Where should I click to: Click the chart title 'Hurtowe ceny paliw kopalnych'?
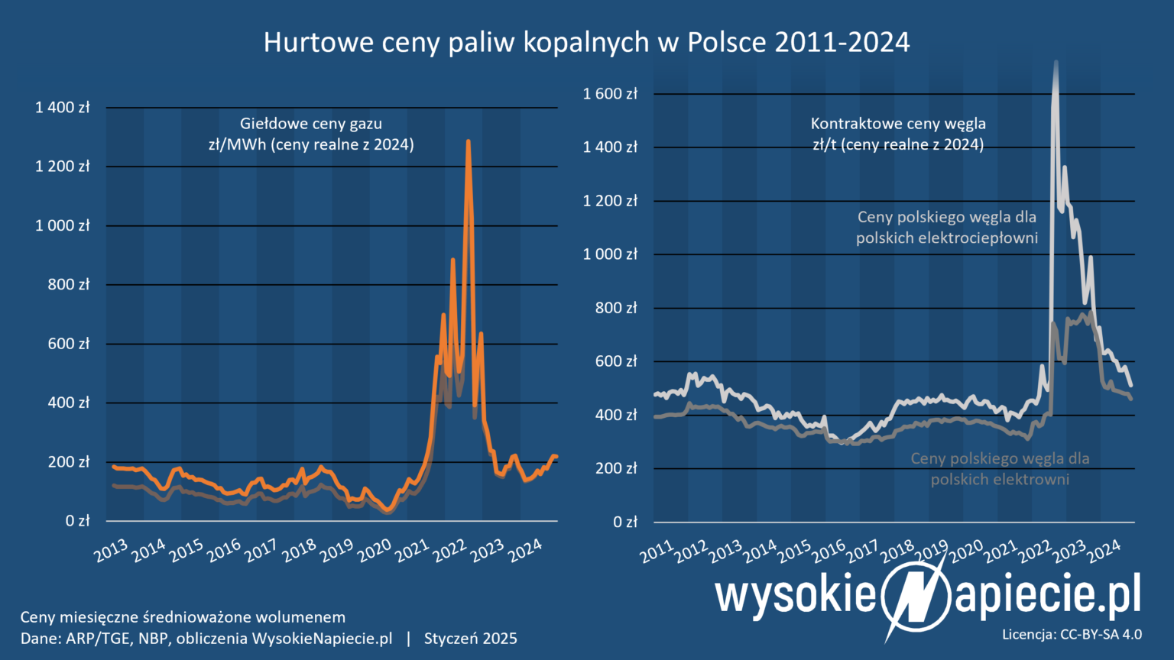(586, 42)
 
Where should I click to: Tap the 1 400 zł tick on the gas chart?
(63, 108)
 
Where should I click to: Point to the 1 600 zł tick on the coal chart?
(610, 94)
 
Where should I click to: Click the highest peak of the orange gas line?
(468, 142)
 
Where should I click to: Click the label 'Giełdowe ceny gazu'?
(311, 124)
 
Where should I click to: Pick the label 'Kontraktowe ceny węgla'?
(898, 124)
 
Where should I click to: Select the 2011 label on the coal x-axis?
(658, 551)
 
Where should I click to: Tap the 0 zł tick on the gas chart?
(78, 521)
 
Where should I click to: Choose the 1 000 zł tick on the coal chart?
(610, 254)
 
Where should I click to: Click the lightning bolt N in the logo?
(914, 597)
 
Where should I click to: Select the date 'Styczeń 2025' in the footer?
(471, 639)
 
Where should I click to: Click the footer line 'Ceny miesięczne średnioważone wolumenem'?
(183, 617)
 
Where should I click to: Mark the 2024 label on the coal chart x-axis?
(1104, 551)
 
